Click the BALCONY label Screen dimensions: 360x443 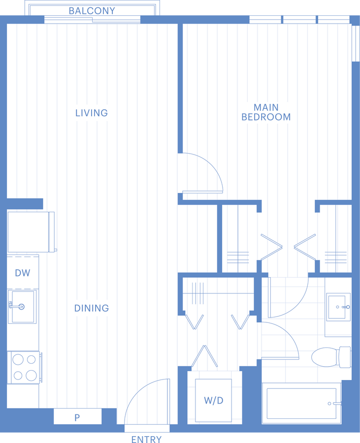coord(92,11)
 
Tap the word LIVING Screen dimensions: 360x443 coord(92,113)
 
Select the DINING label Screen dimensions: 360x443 coord(92,308)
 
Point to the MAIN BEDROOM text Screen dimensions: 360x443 coord(266,112)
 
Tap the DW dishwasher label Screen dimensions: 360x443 coord(23,273)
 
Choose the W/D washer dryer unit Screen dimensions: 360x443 coord(213,400)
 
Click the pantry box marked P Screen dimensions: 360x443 coord(77,416)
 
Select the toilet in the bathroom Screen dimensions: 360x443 coord(331,357)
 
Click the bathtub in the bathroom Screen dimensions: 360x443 coord(301,404)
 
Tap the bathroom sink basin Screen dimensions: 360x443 coord(338,307)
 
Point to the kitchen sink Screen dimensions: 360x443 coord(22,307)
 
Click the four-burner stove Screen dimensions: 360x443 coord(24,367)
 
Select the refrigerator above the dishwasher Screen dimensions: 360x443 coord(31,232)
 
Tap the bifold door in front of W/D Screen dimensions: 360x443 coord(204,356)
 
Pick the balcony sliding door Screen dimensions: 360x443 coord(92,20)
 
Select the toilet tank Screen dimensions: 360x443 coord(345,357)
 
